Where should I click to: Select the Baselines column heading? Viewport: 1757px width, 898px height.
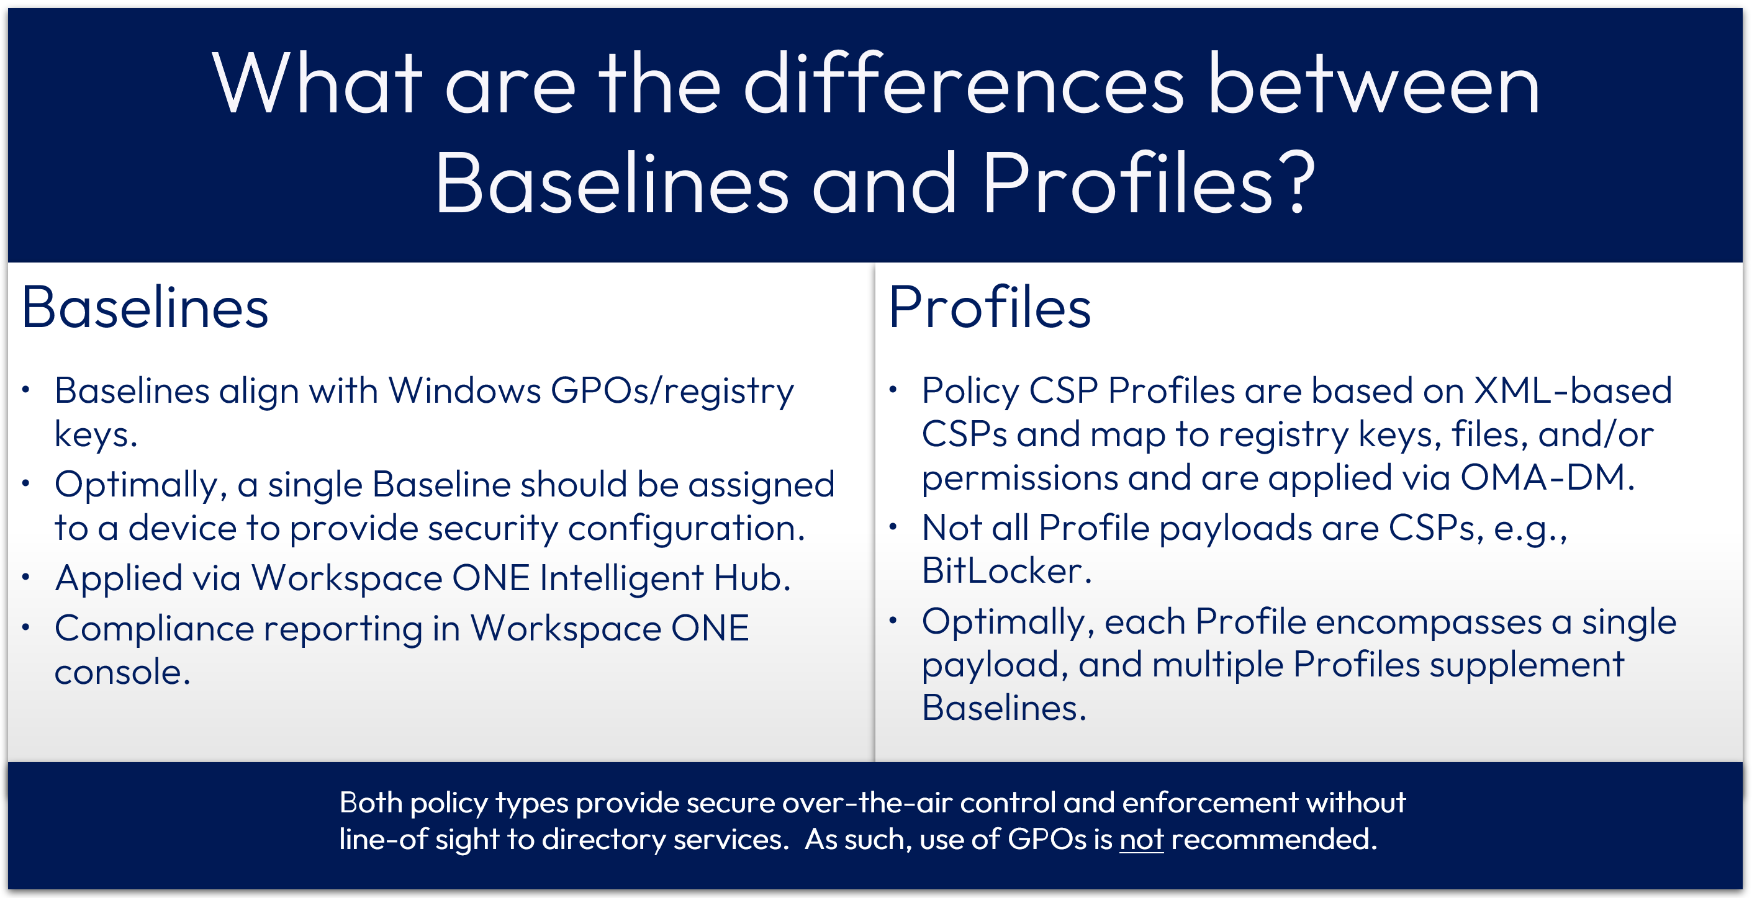coord(145,308)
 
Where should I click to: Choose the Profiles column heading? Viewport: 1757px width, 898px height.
coord(990,308)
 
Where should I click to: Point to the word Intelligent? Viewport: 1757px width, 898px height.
coord(621,579)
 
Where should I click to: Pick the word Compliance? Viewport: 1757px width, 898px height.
coord(153,629)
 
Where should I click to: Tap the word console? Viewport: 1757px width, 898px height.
coord(122,673)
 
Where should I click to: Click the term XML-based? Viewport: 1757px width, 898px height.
coord(1573,392)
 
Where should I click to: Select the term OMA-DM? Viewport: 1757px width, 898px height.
coord(1548,478)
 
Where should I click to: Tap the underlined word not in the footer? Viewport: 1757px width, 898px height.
coord(1141,840)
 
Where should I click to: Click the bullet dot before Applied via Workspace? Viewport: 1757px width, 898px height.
coord(26,578)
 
